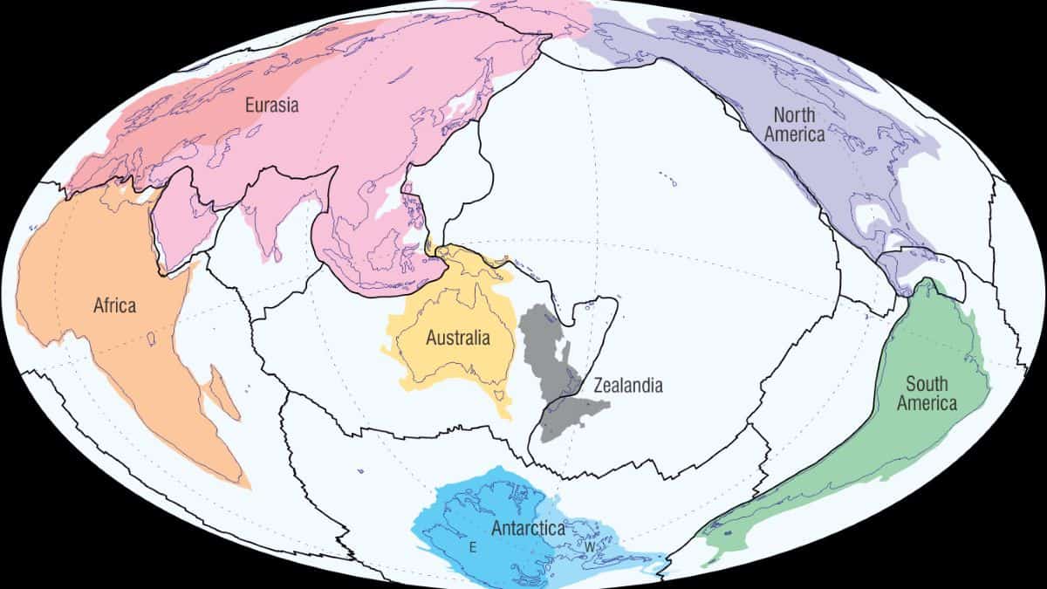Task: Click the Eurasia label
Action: (x=271, y=106)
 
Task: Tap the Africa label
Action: (x=114, y=305)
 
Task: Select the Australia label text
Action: (x=457, y=338)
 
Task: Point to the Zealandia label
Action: (x=627, y=385)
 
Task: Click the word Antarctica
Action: (x=528, y=528)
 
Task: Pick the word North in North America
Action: (x=794, y=115)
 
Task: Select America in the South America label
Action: (x=927, y=403)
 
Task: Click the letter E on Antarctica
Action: (x=472, y=548)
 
